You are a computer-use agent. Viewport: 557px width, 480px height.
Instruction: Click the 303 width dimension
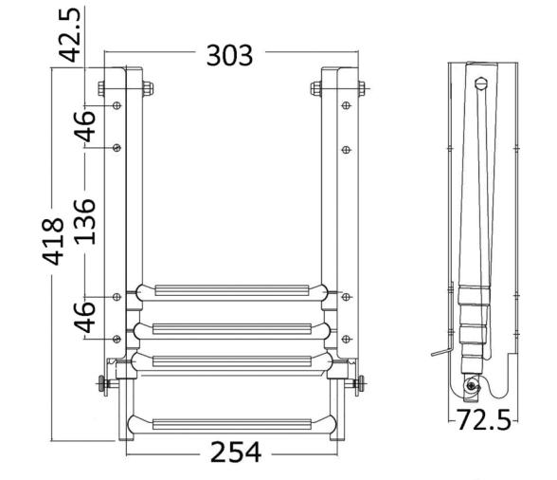click(x=230, y=55)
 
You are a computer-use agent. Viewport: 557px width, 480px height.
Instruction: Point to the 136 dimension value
click(x=84, y=220)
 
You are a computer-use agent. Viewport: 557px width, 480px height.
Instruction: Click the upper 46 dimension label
click(x=84, y=125)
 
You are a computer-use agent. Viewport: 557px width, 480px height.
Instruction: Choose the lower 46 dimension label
click(x=84, y=317)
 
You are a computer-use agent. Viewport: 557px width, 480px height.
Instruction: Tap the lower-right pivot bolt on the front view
click(x=360, y=384)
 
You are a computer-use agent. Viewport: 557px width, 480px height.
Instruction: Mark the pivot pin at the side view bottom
click(x=471, y=385)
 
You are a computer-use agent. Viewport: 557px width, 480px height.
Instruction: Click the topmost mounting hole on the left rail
click(x=117, y=106)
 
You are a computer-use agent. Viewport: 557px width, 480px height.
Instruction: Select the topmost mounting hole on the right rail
click(x=346, y=106)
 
